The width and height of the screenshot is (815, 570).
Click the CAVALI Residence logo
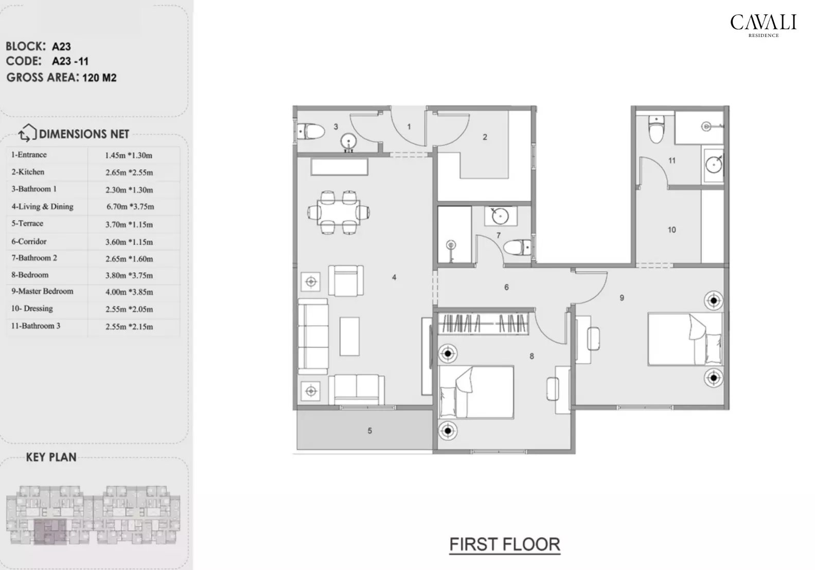tap(763, 25)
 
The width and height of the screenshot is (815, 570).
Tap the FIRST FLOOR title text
tap(504, 544)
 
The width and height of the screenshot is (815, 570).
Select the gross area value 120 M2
tap(99, 78)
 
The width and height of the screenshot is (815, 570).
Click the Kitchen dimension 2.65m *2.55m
tap(129, 172)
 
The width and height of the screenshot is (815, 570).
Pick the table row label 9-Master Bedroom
tap(42, 291)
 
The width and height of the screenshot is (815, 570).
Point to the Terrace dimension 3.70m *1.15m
tap(129, 224)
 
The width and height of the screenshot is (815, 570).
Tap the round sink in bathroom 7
tap(499, 216)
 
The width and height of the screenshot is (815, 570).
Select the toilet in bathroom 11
tap(656, 131)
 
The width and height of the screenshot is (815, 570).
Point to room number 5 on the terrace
tap(369, 431)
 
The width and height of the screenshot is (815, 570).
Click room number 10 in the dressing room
tap(671, 230)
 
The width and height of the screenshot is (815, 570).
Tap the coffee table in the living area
tap(350, 336)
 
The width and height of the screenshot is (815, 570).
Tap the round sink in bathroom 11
tap(714, 164)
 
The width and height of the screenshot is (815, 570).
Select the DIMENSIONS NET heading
tap(84, 134)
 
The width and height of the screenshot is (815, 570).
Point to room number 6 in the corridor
tap(506, 288)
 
